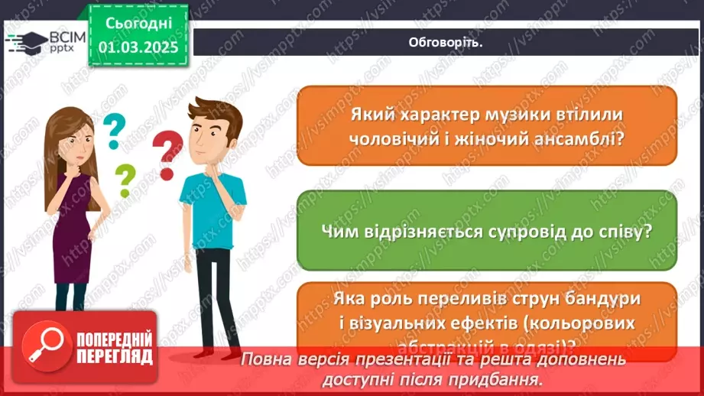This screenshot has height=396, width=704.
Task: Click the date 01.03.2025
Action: coord(138,48)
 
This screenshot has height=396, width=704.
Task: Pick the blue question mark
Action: coord(114,131)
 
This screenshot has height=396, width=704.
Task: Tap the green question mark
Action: coord(125,180)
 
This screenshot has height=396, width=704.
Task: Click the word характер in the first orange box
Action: coord(437,114)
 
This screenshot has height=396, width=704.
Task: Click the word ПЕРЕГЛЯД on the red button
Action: coord(114,355)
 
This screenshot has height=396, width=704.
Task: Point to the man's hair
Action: coord(216,115)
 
